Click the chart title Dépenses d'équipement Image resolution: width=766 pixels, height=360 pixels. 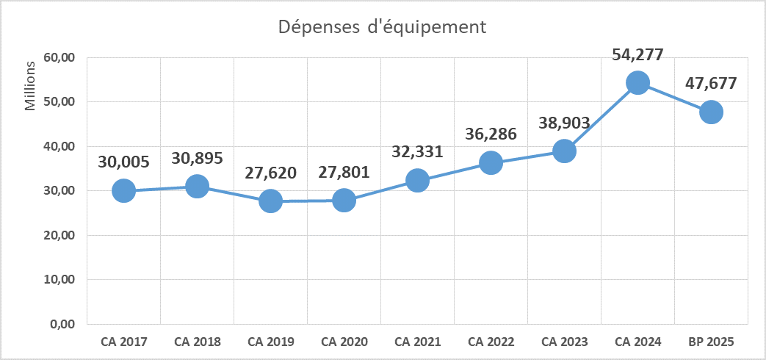tap(382, 28)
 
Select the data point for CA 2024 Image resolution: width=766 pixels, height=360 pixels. tap(637, 82)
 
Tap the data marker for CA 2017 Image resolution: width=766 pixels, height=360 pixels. tap(123, 191)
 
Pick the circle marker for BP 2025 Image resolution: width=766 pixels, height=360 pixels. tap(711, 112)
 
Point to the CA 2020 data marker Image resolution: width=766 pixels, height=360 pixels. tap(344, 200)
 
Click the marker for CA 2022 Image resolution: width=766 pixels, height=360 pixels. tap(491, 162)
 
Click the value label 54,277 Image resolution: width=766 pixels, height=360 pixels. tap(637, 54)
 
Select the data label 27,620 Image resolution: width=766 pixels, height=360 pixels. tap(271, 173)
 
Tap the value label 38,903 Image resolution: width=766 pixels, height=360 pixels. tap(564, 123)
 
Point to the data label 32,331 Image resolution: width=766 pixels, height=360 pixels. tap(417, 152)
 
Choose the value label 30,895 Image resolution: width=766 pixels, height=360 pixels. tap(197, 158)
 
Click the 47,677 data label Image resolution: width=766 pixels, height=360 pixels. tap(711, 83)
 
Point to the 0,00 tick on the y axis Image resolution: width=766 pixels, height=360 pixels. tap(65, 325)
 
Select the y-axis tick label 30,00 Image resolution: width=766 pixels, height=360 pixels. tap(62, 191)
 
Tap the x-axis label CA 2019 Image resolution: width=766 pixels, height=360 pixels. tap(271, 342)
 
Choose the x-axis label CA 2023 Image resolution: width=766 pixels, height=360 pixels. tap(564, 342)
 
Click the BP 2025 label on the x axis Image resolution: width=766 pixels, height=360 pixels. tap(711, 342)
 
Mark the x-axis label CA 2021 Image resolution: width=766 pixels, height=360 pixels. tap(417, 342)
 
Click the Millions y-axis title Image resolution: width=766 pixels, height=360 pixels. tap(30, 87)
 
